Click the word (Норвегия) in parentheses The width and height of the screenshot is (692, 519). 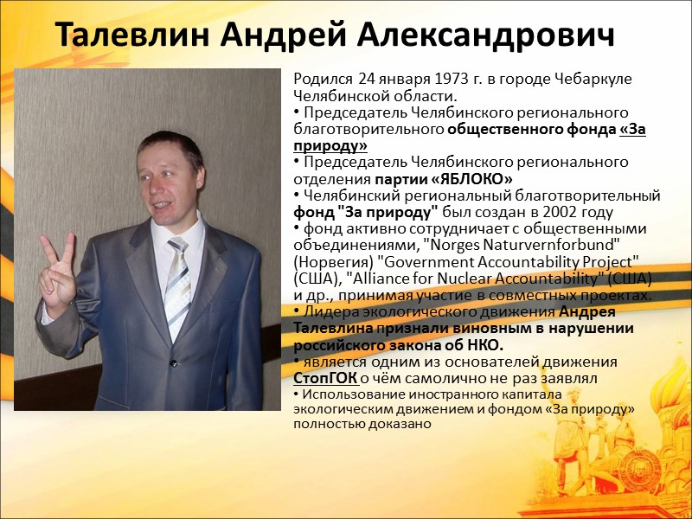tap(333, 262)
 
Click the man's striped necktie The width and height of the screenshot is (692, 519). tap(177, 277)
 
